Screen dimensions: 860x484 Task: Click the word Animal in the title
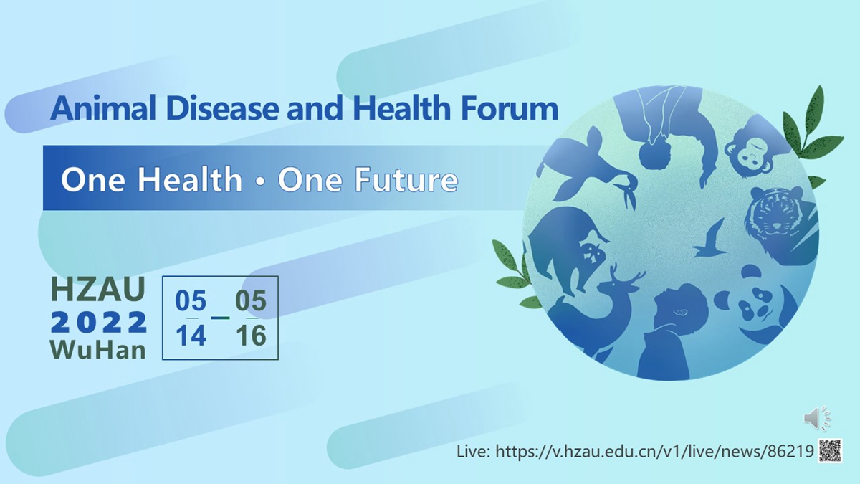click(x=103, y=108)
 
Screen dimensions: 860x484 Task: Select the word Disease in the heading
click(x=223, y=108)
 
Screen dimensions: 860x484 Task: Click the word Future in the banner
click(x=406, y=179)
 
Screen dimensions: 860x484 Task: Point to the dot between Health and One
click(x=261, y=181)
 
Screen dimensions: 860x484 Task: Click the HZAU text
click(x=98, y=289)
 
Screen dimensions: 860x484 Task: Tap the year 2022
click(x=99, y=322)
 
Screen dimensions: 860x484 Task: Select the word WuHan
click(x=98, y=351)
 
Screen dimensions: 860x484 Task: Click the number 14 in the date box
click(x=191, y=336)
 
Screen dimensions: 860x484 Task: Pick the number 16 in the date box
click(x=251, y=336)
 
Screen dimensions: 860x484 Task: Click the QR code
click(x=830, y=450)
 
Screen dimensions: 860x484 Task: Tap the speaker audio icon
click(x=817, y=418)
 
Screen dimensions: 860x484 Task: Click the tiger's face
click(x=772, y=215)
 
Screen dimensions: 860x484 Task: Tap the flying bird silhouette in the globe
click(x=710, y=239)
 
